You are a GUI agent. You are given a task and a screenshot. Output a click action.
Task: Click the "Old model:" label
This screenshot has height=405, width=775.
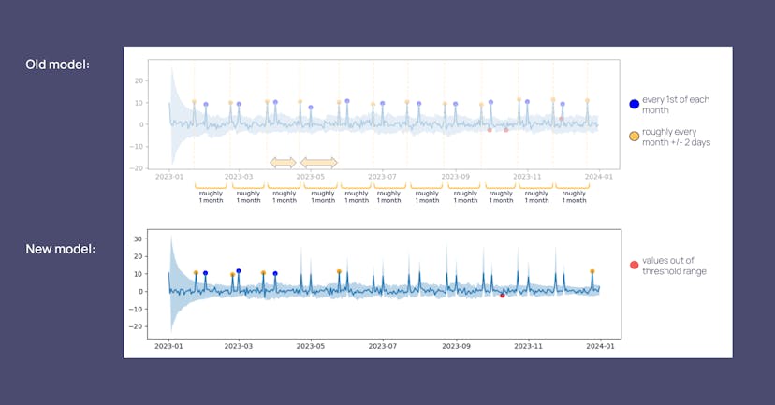click(x=57, y=65)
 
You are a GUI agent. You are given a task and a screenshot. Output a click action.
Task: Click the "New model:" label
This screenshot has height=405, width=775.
click(x=58, y=250)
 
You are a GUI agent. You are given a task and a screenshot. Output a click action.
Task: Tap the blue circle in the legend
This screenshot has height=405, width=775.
click(x=635, y=104)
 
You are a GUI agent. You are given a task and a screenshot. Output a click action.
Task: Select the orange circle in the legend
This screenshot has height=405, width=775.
click(x=635, y=137)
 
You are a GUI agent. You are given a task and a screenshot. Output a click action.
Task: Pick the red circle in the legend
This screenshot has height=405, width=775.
click(x=635, y=265)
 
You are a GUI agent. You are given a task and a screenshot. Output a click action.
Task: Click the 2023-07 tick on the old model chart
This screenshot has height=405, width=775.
click(x=384, y=176)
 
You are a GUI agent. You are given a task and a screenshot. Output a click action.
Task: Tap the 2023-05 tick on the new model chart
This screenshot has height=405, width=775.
click(x=311, y=343)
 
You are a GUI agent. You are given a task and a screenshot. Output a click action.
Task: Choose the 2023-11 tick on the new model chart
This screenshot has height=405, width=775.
click(x=528, y=343)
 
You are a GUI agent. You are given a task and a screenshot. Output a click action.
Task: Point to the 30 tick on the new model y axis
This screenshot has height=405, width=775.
click(x=139, y=239)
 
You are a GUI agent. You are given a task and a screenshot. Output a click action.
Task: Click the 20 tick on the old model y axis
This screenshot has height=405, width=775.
click(x=139, y=80)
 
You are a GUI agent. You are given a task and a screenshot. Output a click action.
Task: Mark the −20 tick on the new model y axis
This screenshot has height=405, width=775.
click(x=137, y=326)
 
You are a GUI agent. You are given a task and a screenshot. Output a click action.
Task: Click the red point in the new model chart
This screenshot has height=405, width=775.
click(x=503, y=296)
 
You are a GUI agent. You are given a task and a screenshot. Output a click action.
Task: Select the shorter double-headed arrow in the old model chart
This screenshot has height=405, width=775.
click(x=283, y=163)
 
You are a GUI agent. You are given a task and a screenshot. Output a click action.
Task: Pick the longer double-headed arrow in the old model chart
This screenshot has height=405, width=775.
click(x=318, y=163)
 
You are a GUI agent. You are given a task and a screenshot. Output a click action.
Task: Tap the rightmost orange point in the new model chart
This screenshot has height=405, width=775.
click(x=592, y=271)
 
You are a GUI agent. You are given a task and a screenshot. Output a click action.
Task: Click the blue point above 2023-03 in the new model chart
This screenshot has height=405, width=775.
click(x=239, y=271)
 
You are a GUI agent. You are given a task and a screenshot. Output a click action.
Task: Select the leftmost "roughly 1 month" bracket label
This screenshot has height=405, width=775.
click(x=211, y=197)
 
